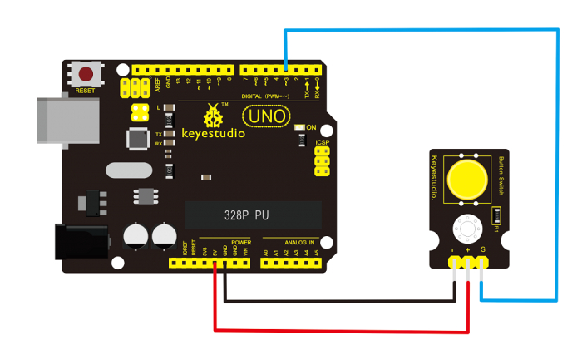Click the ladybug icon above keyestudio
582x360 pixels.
214,111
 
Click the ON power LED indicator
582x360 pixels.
300,127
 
